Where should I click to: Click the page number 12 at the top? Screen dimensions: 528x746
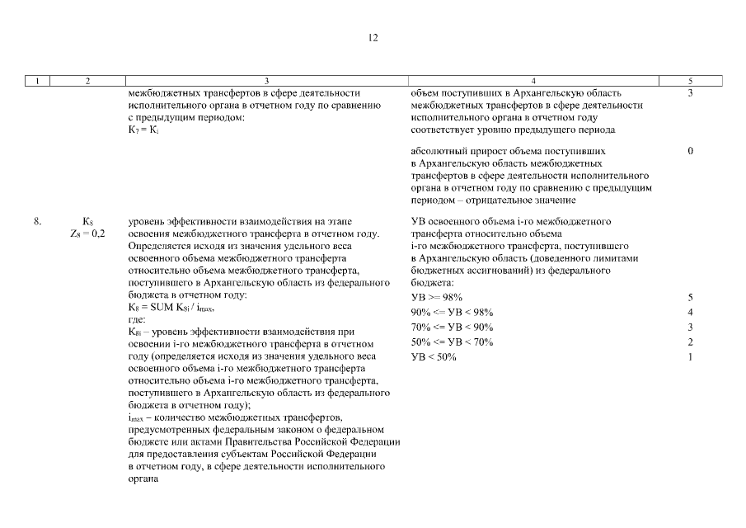(x=373, y=37)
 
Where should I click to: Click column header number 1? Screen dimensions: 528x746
(x=38, y=81)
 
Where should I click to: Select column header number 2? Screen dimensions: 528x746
(x=87, y=81)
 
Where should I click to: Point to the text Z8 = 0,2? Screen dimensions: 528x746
(x=87, y=234)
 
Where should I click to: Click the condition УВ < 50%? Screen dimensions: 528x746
(x=434, y=356)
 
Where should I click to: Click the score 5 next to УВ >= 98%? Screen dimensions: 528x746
(x=690, y=296)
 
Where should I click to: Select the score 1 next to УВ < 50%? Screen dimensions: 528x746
(x=690, y=356)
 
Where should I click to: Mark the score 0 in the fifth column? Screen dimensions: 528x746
(x=690, y=152)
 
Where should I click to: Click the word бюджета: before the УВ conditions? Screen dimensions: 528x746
(x=429, y=281)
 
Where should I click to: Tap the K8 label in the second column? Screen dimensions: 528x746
(x=87, y=222)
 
